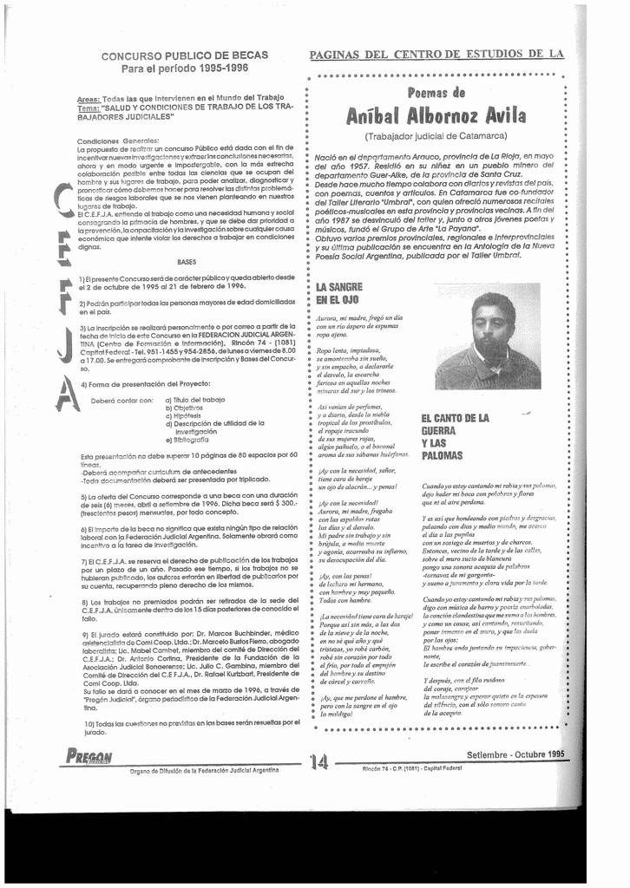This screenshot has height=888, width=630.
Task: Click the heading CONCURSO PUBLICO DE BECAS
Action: pos(185,55)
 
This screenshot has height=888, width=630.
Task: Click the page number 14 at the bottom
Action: pos(318,761)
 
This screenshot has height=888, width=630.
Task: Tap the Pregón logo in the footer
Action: pos(89,754)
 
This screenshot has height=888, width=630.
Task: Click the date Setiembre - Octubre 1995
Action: pos(515,754)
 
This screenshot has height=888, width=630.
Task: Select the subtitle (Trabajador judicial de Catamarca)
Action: pos(436,136)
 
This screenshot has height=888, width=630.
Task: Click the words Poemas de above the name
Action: pos(436,93)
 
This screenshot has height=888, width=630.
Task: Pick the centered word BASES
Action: pos(187,261)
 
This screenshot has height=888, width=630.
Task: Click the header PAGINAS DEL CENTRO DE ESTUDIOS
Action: pos(436,54)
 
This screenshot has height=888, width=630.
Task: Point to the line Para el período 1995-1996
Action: pos(185,68)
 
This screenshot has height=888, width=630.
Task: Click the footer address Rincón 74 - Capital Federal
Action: pos(411,768)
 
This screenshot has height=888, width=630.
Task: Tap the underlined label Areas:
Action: pos(89,99)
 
